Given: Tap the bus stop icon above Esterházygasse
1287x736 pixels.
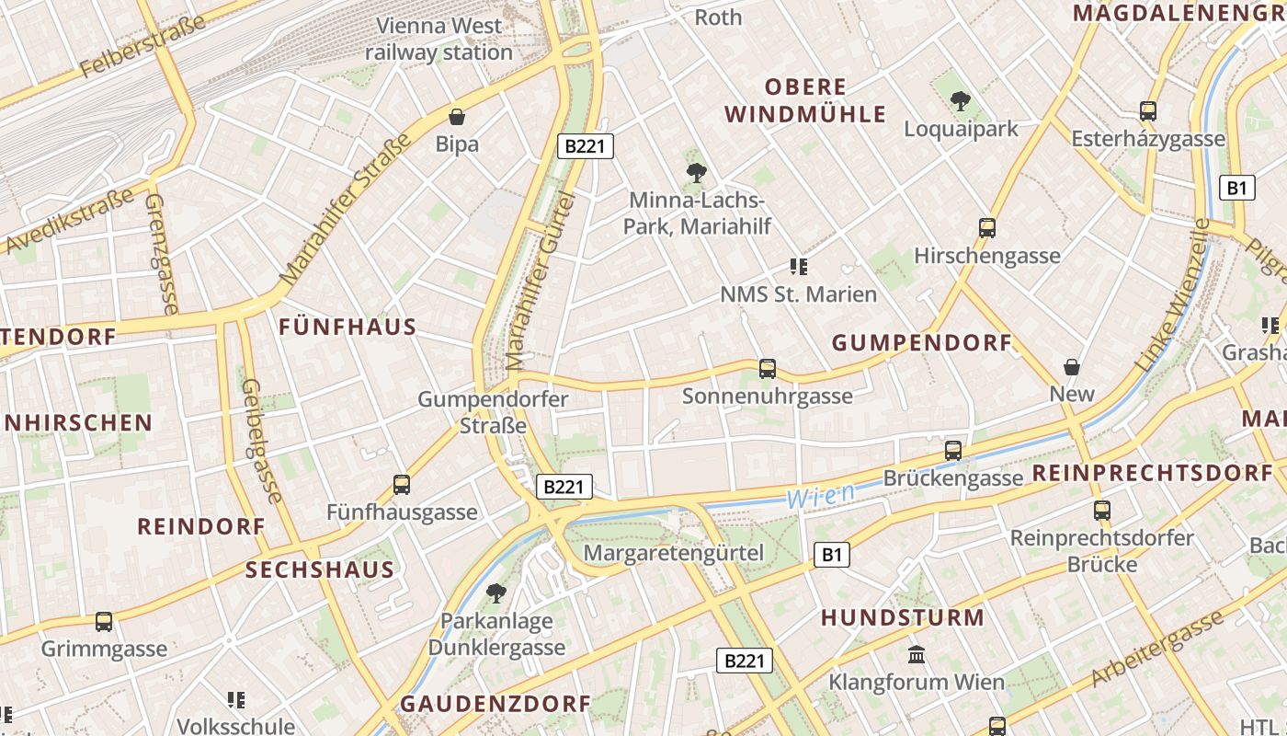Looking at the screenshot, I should click(1147, 111).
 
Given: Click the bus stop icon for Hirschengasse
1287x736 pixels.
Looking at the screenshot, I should click(987, 227).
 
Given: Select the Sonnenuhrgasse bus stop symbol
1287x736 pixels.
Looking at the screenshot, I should click(768, 369).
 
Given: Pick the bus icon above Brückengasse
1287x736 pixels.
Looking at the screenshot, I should click(953, 451).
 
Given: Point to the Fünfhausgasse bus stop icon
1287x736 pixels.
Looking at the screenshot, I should click(402, 484).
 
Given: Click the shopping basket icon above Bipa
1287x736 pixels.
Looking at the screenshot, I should click(457, 117).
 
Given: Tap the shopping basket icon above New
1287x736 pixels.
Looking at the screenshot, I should click(1072, 367).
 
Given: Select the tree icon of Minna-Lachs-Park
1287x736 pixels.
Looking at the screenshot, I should click(696, 172).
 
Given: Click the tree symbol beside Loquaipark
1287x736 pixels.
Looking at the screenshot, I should click(961, 101).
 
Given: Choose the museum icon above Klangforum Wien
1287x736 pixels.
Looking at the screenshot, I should click(917, 655).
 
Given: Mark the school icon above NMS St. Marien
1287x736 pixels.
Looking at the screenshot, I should click(798, 267).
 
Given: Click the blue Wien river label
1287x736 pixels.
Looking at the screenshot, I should click(820, 497).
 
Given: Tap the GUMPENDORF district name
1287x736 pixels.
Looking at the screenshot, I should click(921, 343).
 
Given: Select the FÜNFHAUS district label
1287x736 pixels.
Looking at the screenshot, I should click(347, 327).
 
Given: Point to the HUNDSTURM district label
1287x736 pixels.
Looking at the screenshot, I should click(902, 617).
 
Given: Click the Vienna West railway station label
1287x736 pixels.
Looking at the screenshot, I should click(439, 39).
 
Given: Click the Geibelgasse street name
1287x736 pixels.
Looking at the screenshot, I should click(259, 442).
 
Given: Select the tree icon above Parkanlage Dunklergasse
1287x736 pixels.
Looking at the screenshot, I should click(496, 592).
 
